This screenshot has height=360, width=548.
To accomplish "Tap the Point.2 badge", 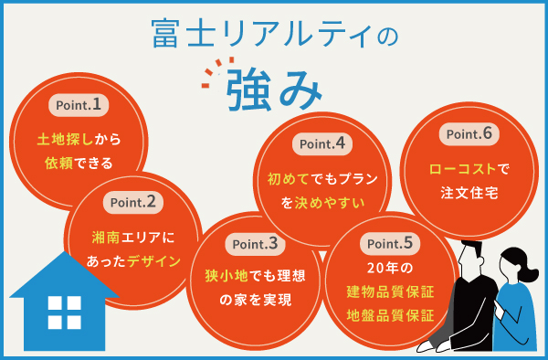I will [x=134, y=201].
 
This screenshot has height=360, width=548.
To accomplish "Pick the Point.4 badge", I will [x=321, y=144].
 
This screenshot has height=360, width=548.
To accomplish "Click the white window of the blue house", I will [x=64, y=313].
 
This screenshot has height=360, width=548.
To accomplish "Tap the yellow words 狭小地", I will [x=223, y=277].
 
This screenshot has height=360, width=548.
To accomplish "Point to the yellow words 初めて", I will [x=288, y=179].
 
